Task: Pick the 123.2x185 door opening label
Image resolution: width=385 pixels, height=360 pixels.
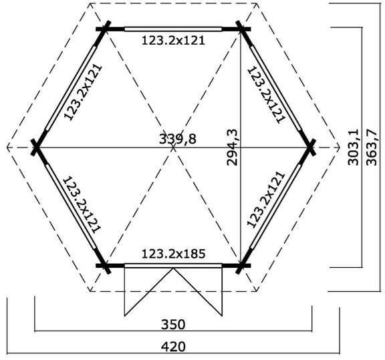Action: (x=173, y=254)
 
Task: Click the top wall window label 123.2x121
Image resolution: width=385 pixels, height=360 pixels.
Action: (x=173, y=40)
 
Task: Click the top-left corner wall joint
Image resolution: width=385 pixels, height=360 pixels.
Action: (x=105, y=29)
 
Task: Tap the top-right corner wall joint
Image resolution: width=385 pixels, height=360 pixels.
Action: (x=242, y=29)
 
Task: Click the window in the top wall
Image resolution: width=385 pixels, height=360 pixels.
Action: (x=173, y=29)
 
